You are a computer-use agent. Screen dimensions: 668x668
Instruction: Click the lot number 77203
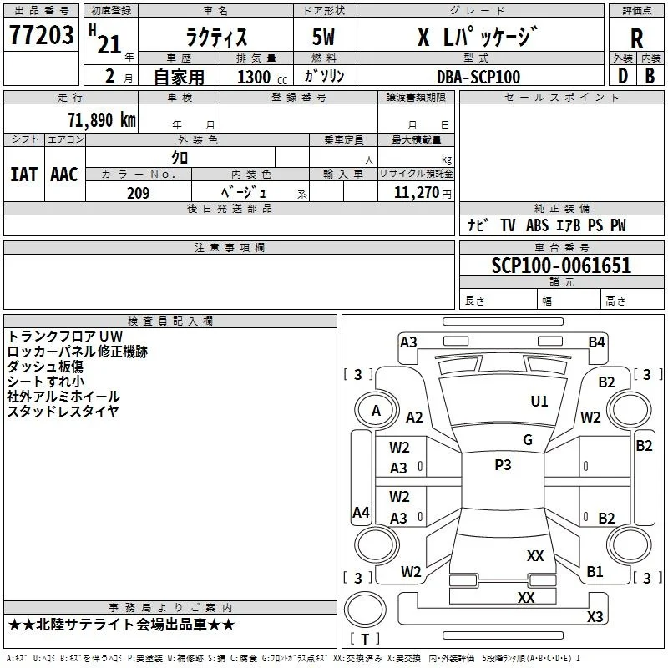(x=41, y=35)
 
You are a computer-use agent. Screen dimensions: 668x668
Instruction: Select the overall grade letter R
(x=636, y=38)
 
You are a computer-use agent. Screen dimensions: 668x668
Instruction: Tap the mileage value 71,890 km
(x=102, y=120)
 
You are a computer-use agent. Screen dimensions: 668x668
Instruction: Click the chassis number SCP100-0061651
(x=561, y=265)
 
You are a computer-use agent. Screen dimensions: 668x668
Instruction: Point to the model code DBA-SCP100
(x=478, y=77)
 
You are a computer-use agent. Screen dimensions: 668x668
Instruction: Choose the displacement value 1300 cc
(x=262, y=77)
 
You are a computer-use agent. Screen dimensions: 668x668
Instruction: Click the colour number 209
(x=138, y=193)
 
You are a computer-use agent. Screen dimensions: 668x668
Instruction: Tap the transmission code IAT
(x=23, y=175)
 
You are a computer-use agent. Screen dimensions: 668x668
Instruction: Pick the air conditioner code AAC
(x=64, y=175)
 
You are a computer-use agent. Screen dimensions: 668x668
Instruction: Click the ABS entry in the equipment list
(x=537, y=225)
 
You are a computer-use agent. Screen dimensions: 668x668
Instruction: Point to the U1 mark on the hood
(x=539, y=401)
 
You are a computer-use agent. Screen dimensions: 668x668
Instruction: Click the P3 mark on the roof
(x=503, y=464)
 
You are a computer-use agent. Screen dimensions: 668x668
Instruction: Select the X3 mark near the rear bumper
(x=595, y=616)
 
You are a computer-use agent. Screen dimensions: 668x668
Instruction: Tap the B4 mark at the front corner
(x=596, y=342)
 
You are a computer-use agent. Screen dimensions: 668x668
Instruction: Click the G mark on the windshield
(x=528, y=439)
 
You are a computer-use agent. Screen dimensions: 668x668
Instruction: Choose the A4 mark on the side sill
(x=361, y=512)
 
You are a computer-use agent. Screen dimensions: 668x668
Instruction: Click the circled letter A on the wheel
(x=376, y=411)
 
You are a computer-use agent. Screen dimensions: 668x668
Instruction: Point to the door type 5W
(x=323, y=37)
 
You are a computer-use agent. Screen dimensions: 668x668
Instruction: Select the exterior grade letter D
(x=623, y=76)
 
